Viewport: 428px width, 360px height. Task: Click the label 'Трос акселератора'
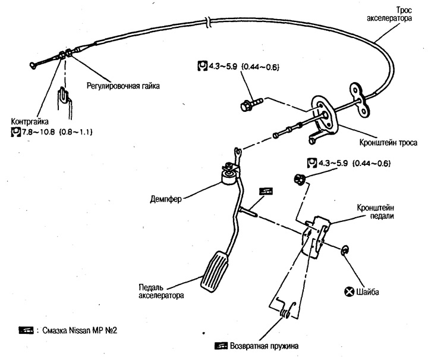(x=390, y=14)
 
